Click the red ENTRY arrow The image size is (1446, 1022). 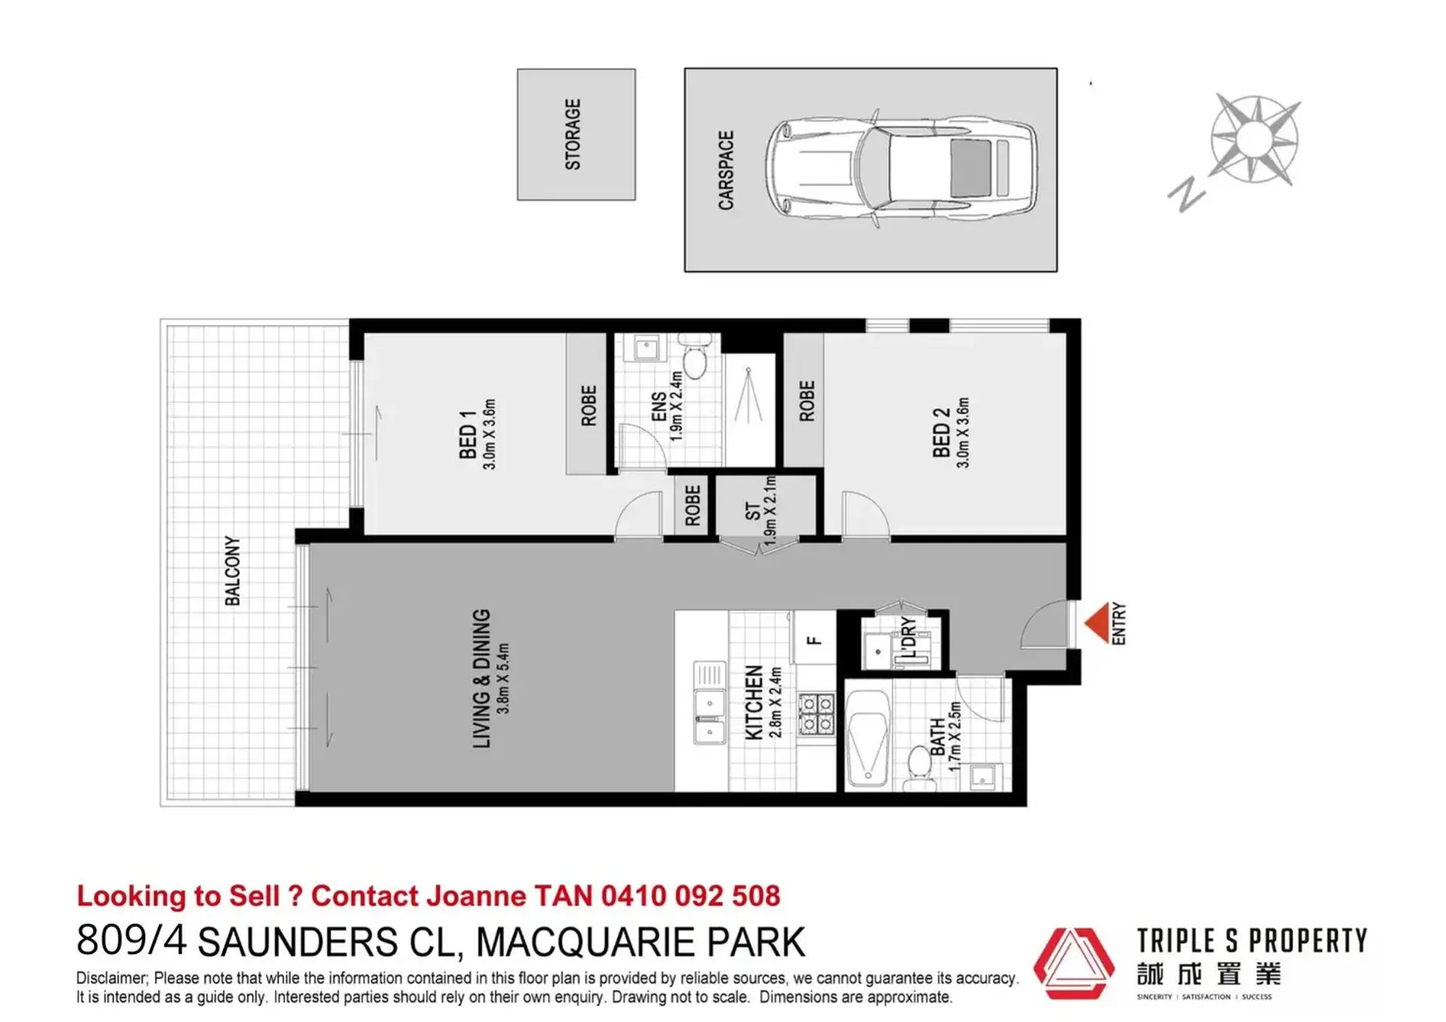pyautogui.click(x=1096, y=623)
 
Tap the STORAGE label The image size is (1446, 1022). pyautogui.click(x=573, y=134)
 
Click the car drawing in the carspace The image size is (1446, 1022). pyautogui.click(x=901, y=169)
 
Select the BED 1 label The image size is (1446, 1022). pyautogui.click(x=467, y=435)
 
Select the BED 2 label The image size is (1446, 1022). pyautogui.click(x=940, y=433)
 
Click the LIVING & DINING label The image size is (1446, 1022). pyautogui.click(x=481, y=678)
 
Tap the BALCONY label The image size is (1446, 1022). pyautogui.click(x=232, y=571)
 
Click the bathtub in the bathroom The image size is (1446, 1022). pyautogui.click(x=868, y=739)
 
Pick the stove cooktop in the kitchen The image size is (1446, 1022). pyautogui.click(x=816, y=714)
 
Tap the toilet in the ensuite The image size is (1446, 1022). pyautogui.click(x=694, y=357)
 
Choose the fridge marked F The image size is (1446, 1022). pyautogui.click(x=814, y=640)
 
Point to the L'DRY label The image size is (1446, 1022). pyautogui.click(x=909, y=637)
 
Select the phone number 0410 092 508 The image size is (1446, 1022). pyautogui.click(x=690, y=895)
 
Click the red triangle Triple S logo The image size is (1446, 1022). pyautogui.click(x=1073, y=962)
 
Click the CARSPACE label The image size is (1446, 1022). pyautogui.click(x=726, y=170)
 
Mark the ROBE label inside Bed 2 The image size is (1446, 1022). pyautogui.click(x=806, y=401)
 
